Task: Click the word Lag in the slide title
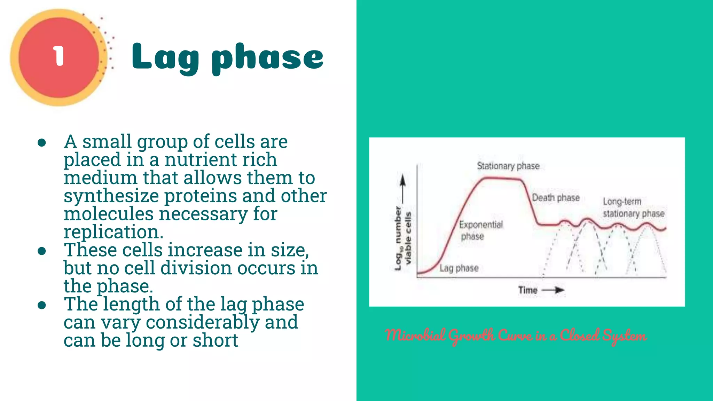click(165, 58)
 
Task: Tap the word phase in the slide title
click(268, 58)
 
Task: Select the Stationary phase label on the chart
click(508, 166)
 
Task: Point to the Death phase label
click(556, 198)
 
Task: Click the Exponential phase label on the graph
click(480, 230)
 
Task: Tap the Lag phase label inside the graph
click(459, 268)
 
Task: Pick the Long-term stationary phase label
click(633, 207)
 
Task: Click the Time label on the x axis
click(527, 290)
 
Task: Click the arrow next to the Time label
click(554, 290)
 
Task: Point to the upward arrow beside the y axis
click(402, 188)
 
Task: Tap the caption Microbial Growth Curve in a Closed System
click(516, 336)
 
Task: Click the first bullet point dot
click(42, 142)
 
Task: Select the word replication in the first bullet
click(113, 232)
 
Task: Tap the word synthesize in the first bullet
click(111, 196)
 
